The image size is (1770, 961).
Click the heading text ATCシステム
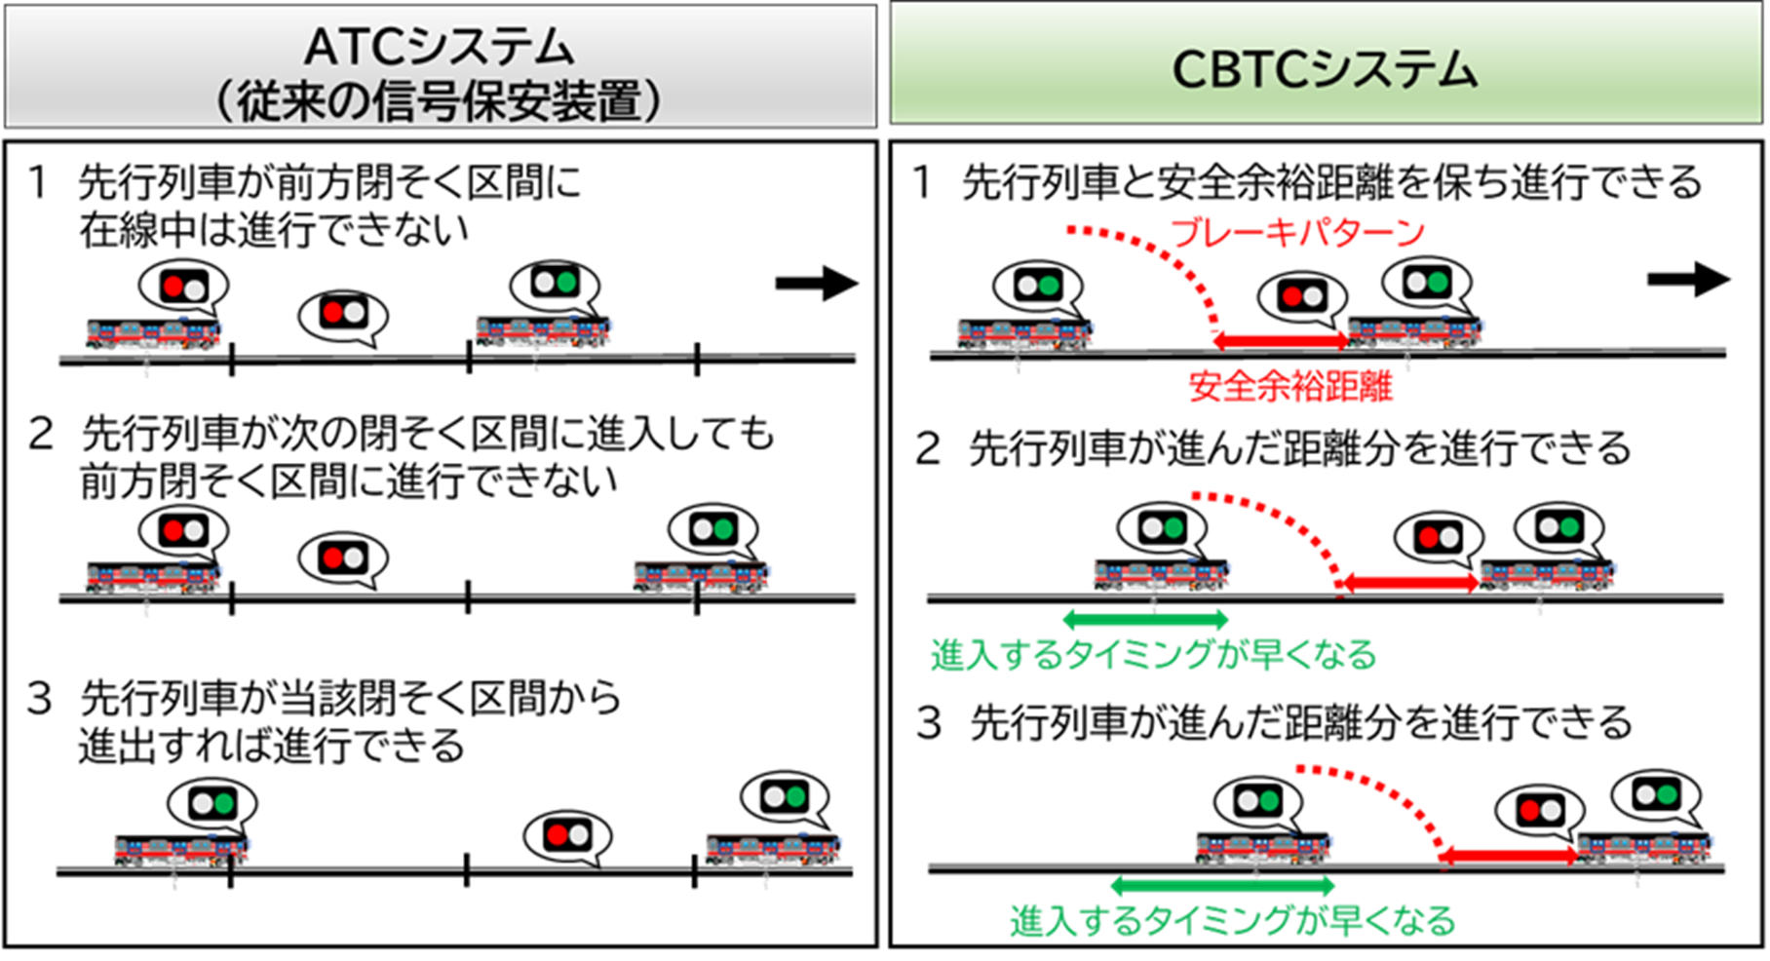440,46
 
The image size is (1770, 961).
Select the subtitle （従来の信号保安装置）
440,101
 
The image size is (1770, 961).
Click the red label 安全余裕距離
1290,387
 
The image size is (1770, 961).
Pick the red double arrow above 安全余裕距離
1280,340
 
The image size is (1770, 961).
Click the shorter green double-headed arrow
1145,619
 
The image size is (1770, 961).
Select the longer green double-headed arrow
1222,886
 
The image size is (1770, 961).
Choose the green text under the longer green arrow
1232,921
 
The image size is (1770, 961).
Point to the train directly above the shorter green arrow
1161,574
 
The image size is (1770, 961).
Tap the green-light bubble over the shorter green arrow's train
1162,528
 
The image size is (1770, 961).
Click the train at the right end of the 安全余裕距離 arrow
1416,331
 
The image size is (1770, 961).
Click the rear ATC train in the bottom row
181,849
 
